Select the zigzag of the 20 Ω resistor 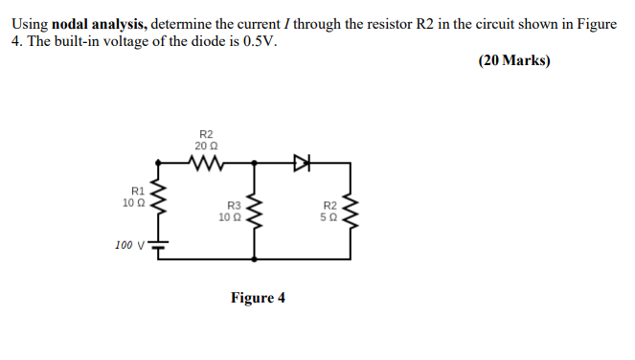click(205, 164)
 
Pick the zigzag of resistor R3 click(254, 211)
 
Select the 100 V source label click(128, 245)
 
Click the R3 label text click(233, 205)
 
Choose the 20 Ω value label click(205, 146)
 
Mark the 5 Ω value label click(329, 216)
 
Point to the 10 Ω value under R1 click(134, 203)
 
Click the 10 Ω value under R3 click(231, 216)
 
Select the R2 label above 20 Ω click(205, 134)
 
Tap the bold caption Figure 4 click(258, 298)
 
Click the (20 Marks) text click(513, 60)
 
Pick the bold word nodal click(70, 23)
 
